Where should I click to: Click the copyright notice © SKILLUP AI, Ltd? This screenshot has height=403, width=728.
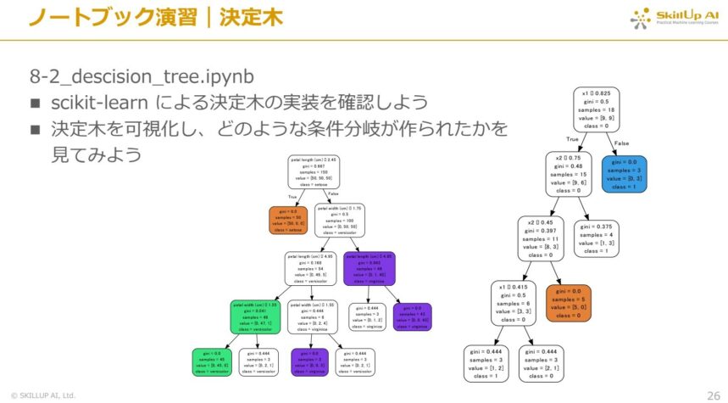(x=43, y=395)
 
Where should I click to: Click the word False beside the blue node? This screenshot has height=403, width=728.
(x=621, y=143)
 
